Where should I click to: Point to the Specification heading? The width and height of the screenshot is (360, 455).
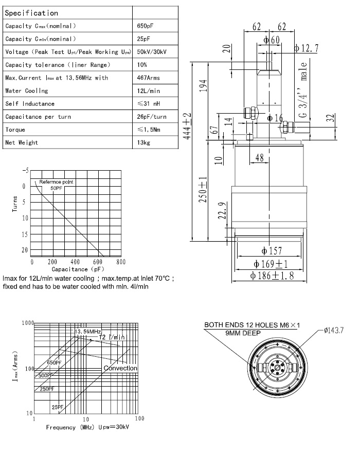31,13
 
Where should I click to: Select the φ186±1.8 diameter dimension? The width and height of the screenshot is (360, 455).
272,276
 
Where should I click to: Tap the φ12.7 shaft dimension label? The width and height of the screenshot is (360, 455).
306,48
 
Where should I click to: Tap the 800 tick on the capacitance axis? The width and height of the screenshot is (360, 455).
120,262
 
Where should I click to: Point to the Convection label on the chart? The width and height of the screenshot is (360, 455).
120,368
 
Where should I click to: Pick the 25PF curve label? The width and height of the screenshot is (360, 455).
57,407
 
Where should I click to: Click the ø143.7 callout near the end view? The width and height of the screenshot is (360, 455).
334,329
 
